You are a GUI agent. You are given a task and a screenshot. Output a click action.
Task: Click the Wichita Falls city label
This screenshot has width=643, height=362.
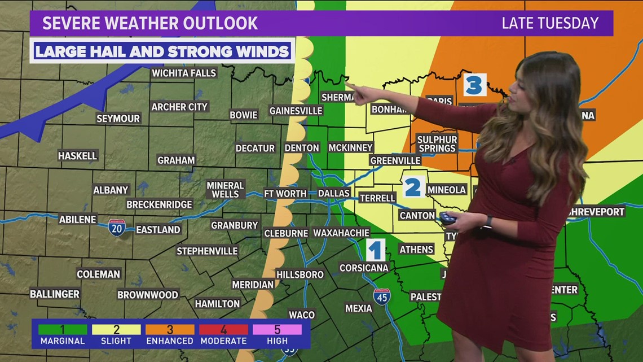[x=184, y=73]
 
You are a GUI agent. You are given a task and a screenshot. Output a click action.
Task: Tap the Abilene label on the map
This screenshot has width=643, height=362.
[x=77, y=219]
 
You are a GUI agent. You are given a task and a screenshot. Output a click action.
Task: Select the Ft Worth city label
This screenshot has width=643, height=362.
[x=285, y=193]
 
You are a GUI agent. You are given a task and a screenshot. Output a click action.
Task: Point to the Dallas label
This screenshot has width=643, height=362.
[x=334, y=193]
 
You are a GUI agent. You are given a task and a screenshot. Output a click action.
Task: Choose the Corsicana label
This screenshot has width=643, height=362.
[x=364, y=268]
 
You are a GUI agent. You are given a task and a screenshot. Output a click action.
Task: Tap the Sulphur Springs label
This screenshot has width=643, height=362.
[x=437, y=143]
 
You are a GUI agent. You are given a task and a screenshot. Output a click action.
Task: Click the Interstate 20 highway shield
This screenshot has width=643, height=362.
[x=117, y=228]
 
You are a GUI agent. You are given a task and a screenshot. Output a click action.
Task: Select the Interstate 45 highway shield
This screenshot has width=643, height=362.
[x=382, y=296]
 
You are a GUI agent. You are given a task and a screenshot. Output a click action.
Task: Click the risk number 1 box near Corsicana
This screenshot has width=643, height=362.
[x=376, y=250]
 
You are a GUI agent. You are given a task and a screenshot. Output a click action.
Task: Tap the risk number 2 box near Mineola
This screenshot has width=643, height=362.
[x=413, y=186]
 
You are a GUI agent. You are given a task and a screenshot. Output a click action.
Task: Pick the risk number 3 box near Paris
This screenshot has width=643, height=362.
[x=474, y=85]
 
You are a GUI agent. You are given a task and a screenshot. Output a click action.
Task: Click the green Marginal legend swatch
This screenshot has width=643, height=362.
[x=63, y=329]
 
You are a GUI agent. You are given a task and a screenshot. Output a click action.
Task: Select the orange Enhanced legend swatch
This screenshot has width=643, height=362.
[x=170, y=329]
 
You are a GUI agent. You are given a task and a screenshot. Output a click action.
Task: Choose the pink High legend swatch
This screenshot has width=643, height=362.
[x=277, y=329]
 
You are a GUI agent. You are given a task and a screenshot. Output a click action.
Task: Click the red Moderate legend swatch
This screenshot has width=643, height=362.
[x=223, y=329]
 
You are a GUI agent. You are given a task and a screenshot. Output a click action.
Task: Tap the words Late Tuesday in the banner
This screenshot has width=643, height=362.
[x=549, y=23]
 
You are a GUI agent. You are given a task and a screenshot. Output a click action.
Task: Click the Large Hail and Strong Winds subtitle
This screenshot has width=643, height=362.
[x=162, y=51]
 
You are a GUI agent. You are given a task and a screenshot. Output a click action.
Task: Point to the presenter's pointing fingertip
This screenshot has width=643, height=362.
[x=347, y=84]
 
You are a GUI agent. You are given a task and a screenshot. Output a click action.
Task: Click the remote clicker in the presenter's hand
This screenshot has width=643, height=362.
[x=448, y=217]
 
